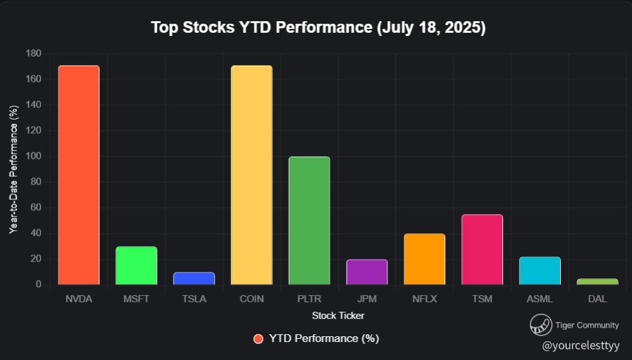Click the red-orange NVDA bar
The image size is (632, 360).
78,175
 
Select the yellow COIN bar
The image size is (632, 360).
251,175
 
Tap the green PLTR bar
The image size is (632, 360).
309,221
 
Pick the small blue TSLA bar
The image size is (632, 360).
194,278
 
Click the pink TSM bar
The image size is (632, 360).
482,249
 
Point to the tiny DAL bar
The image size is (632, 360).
597,282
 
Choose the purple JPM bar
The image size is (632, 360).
367,272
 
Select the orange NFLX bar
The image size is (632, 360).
425,259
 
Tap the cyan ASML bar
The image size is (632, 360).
540,271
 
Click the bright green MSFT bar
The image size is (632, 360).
136,265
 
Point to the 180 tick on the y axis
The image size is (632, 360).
33,53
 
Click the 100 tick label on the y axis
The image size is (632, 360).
33,156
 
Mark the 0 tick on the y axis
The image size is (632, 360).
38,285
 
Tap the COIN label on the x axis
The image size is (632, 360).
251,300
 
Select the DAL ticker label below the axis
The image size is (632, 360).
597,300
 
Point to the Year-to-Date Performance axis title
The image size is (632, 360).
13,169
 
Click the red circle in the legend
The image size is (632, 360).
258,339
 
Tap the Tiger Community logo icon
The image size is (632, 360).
540,325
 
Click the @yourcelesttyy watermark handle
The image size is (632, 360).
581,346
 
